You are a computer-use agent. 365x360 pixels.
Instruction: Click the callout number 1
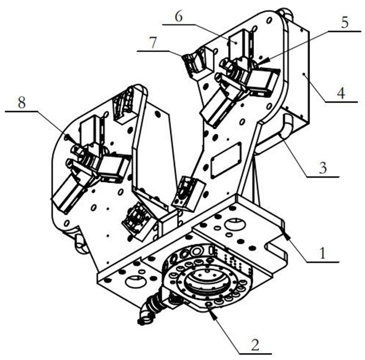322,253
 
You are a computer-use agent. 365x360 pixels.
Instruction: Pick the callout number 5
344,23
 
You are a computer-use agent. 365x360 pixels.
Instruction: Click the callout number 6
178,17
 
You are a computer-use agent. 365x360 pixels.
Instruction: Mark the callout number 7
153,43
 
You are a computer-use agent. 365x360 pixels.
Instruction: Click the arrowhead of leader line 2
212,312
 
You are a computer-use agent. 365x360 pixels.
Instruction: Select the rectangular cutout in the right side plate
226,160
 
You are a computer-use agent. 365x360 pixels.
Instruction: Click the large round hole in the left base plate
134,281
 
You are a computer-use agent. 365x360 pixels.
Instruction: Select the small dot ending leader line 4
304,74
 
